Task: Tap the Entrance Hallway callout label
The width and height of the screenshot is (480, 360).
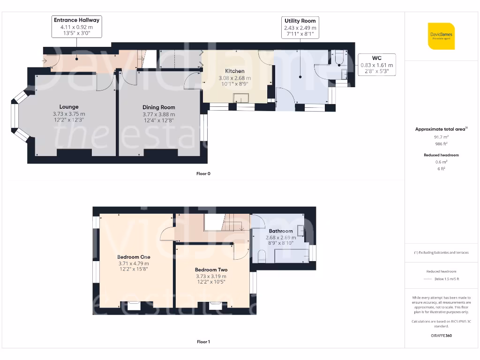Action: tap(77, 27)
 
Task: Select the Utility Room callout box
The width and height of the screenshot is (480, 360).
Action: tap(300, 27)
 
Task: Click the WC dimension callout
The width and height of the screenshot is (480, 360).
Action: tap(376, 65)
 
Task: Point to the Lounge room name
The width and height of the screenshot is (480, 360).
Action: tap(69, 107)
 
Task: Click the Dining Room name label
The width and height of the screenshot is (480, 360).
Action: tap(159, 107)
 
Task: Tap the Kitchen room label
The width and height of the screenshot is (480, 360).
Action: tap(235, 71)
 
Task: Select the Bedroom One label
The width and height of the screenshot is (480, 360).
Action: tap(134, 257)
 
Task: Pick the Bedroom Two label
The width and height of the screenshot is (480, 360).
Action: tap(211, 270)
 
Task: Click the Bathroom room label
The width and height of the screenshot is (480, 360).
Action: tap(281, 231)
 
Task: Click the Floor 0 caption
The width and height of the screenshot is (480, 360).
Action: tap(203, 173)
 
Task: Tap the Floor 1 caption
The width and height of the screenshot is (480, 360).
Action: tap(203, 342)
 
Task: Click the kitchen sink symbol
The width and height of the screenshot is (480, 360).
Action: tap(242, 97)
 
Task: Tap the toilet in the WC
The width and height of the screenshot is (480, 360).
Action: tap(339, 58)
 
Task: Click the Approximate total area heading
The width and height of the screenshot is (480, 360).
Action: tap(441, 129)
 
